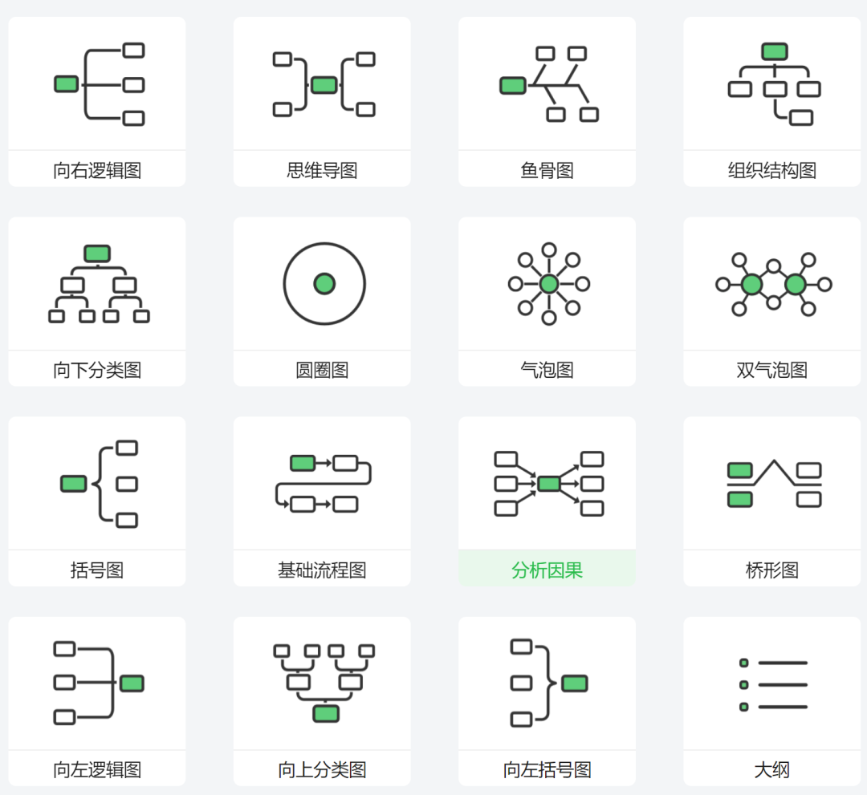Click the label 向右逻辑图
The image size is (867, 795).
click(97, 170)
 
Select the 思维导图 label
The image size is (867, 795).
click(322, 170)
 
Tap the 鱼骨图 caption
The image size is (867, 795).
click(547, 170)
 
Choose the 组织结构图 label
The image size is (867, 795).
click(771, 170)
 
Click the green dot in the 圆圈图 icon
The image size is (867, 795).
click(324, 283)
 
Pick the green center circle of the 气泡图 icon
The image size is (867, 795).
click(549, 284)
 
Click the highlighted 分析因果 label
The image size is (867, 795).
click(547, 570)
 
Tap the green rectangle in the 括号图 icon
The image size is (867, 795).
click(74, 484)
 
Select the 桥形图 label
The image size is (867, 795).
click(771, 570)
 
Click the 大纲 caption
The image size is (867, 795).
click(771, 770)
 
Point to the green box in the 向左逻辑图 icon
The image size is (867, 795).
click(132, 683)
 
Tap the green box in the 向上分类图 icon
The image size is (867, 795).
click(326, 713)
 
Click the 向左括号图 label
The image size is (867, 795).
click(547, 770)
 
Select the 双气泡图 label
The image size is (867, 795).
click(771, 370)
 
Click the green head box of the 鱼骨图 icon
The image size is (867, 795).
click(513, 85)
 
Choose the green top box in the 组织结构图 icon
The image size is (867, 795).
click(775, 52)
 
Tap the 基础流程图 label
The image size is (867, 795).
click(322, 570)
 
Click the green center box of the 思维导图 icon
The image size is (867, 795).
click(324, 85)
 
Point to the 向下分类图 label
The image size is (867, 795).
click(97, 370)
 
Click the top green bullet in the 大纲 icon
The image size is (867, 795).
click(744, 663)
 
